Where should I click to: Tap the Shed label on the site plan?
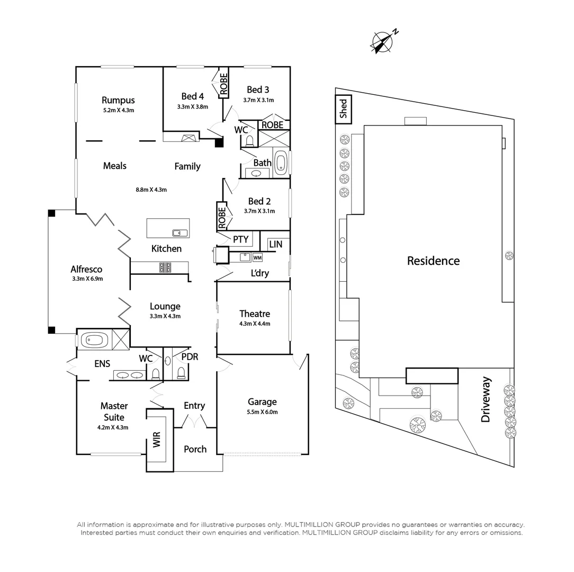pyautogui.click(x=343, y=109)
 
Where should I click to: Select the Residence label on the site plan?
pyautogui.click(x=433, y=261)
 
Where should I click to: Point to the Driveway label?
pyautogui.click(x=486, y=399)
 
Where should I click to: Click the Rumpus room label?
pyautogui.click(x=118, y=100)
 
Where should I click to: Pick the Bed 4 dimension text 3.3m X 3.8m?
pyautogui.click(x=192, y=106)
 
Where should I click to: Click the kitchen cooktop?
pyautogui.click(x=165, y=268)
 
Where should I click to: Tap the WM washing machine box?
pyautogui.click(x=258, y=258)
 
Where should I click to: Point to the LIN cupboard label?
pyautogui.click(x=275, y=244)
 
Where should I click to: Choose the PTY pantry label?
pyautogui.click(x=240, y=239)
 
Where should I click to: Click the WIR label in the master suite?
pyautogui.click(x=157, y=440)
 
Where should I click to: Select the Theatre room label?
pyautogui.click(x=254, y=314)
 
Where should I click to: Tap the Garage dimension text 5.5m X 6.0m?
pyautogui.click(x=262, y=412)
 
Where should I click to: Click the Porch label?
pyautogui.click(x=195, y=449)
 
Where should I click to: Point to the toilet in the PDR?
pyautogui.click(x=181, y=373)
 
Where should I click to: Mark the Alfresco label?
pyautogui.click(x=86, y=269)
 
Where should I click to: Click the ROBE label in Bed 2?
pyautogui.click(x=222, y=216)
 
